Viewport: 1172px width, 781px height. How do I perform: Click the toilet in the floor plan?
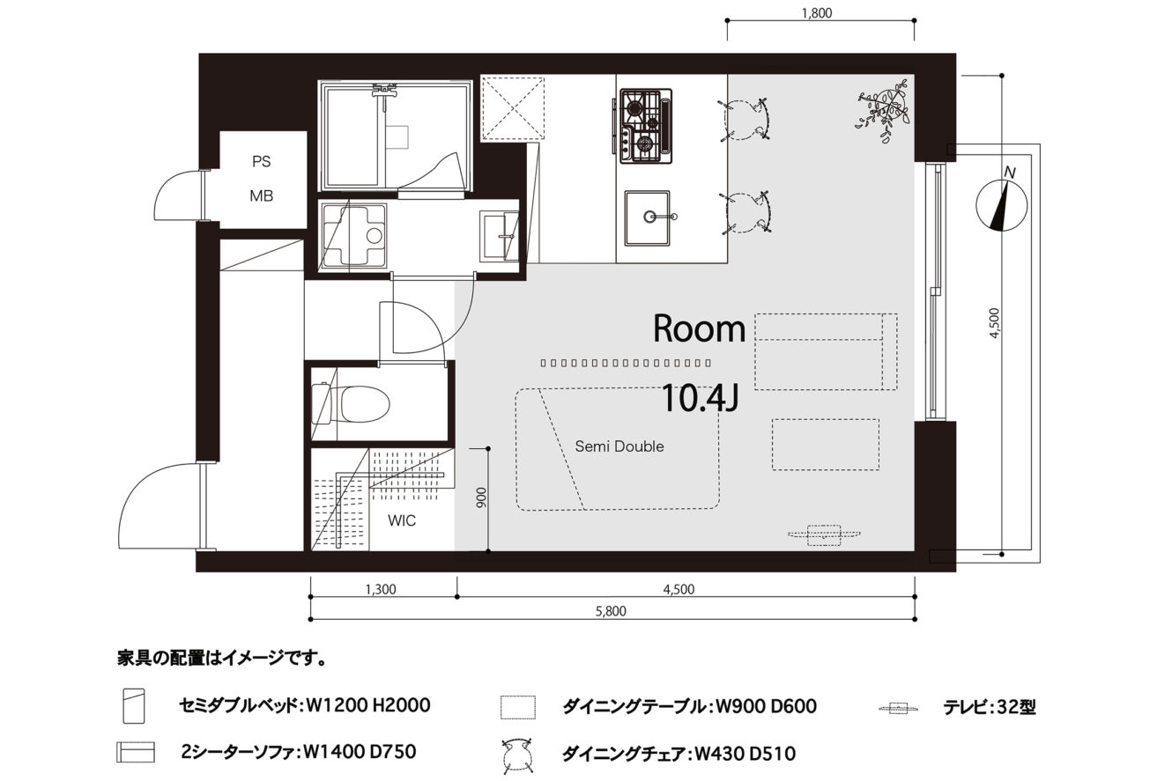point(352,405)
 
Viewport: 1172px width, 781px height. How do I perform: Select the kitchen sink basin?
point(648,217)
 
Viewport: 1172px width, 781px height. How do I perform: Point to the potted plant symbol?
point(884,110)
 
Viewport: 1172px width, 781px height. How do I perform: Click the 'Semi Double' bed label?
point(619,446)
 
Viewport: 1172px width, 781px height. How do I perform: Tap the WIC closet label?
point(402,520)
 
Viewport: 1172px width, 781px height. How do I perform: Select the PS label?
point(262,161)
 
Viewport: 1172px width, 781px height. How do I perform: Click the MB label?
point(261,196)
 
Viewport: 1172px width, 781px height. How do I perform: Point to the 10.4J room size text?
point(701,398)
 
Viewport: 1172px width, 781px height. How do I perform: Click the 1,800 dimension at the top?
point(817,12)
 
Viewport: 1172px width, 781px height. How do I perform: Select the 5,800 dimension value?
point(611,610)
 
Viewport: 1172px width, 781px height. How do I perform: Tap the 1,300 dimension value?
point(381,590)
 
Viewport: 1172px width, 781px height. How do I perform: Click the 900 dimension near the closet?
point(481,497)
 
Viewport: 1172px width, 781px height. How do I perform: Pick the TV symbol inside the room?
point(824,534)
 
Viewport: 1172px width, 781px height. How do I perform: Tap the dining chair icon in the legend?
point(517,755)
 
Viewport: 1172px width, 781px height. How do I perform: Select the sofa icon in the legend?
point(136,752)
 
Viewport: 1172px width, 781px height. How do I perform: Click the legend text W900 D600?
point(766,706)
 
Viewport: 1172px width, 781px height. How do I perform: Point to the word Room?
point(700,328)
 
